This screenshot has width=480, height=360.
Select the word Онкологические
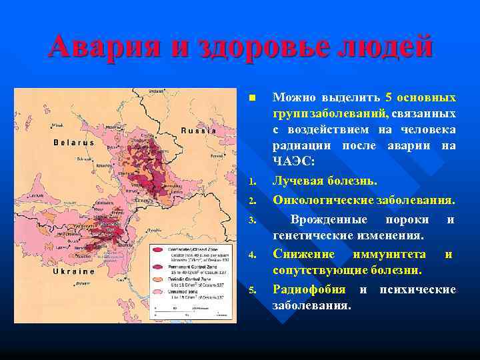322,199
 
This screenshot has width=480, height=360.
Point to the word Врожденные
328,219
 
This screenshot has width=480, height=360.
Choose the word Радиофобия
309,289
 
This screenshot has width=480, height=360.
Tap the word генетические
313,236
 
